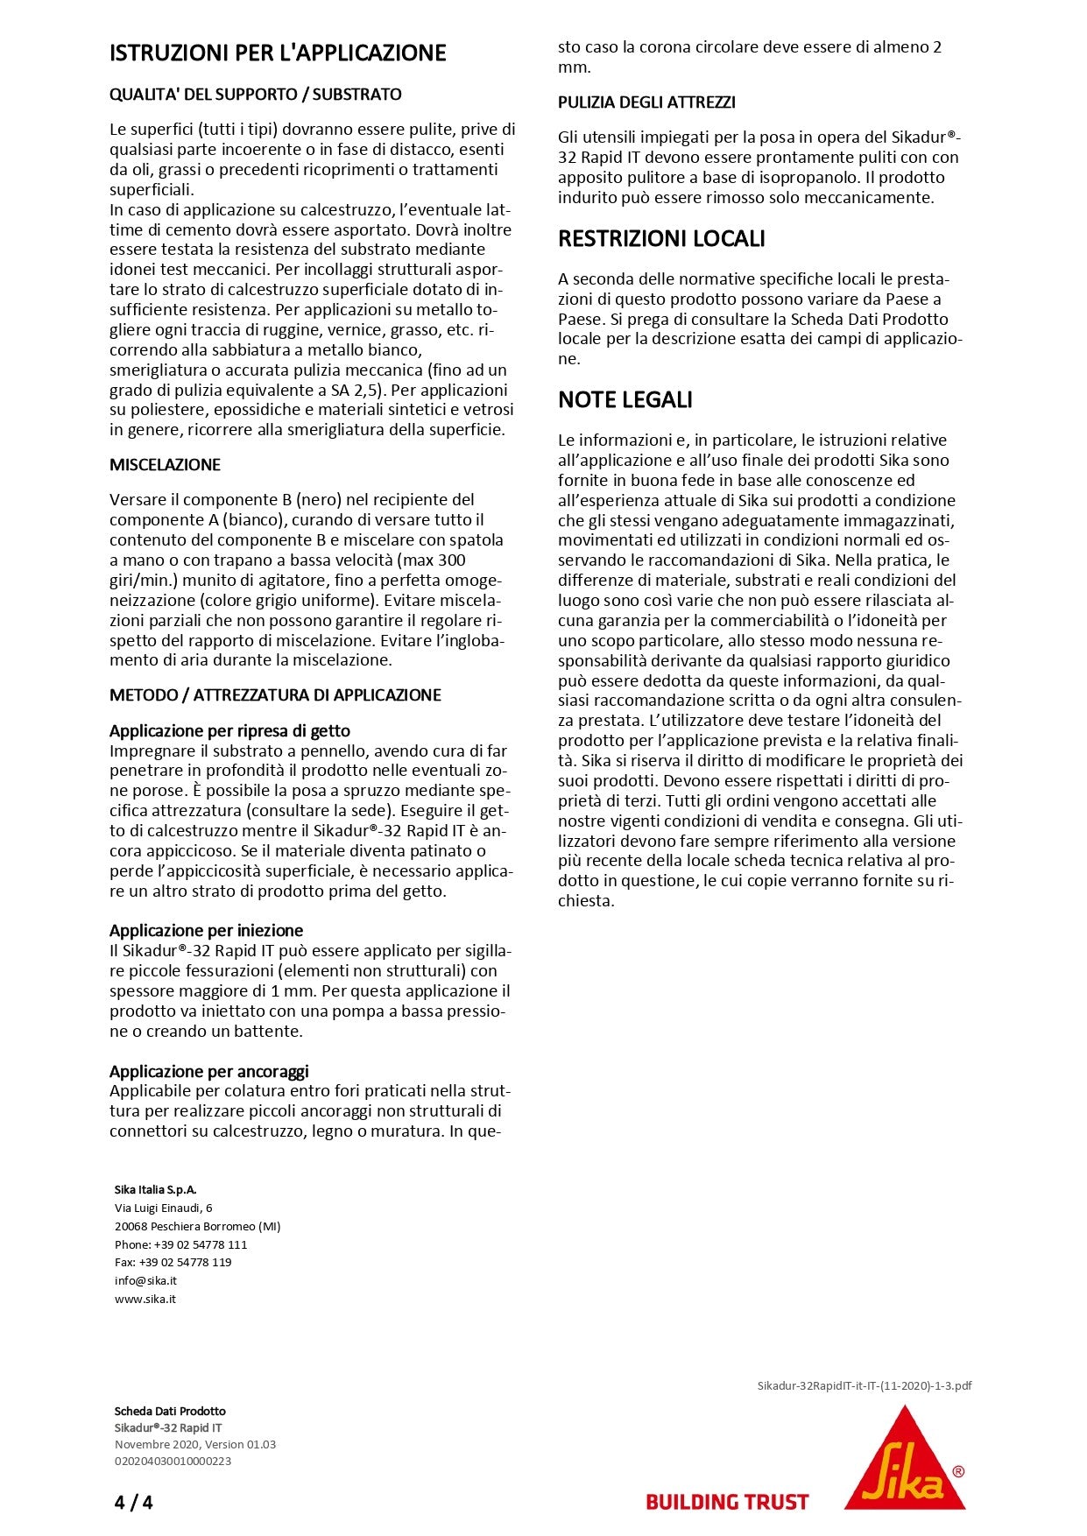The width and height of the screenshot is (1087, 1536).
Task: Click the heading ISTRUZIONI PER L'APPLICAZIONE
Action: [278, 53]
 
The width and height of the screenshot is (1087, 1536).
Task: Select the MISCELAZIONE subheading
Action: [165, 465]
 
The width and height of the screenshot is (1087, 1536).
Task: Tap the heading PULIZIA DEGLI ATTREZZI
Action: [646, 102]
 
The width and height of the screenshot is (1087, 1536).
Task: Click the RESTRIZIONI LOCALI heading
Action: [661, 239]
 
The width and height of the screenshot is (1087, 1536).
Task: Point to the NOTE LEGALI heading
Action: [625, 400]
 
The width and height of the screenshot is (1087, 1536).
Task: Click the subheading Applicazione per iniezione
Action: [206, 931]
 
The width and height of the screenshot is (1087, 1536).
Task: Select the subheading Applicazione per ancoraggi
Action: [208, 1072]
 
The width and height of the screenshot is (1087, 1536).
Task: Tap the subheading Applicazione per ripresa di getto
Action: [229, 731]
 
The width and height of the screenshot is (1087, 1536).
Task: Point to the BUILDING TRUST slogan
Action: [726, 1502]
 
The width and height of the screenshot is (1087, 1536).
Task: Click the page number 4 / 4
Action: [133, 1503]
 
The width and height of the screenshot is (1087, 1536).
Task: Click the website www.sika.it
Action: [145, 1299]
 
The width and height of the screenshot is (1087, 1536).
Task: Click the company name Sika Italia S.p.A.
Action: [155, 1189]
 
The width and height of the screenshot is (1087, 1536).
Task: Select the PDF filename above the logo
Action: [864, 1385]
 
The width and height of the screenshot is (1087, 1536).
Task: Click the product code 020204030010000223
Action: [173, 1461]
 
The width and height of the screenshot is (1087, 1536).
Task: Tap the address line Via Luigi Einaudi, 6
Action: [163, 1208]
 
